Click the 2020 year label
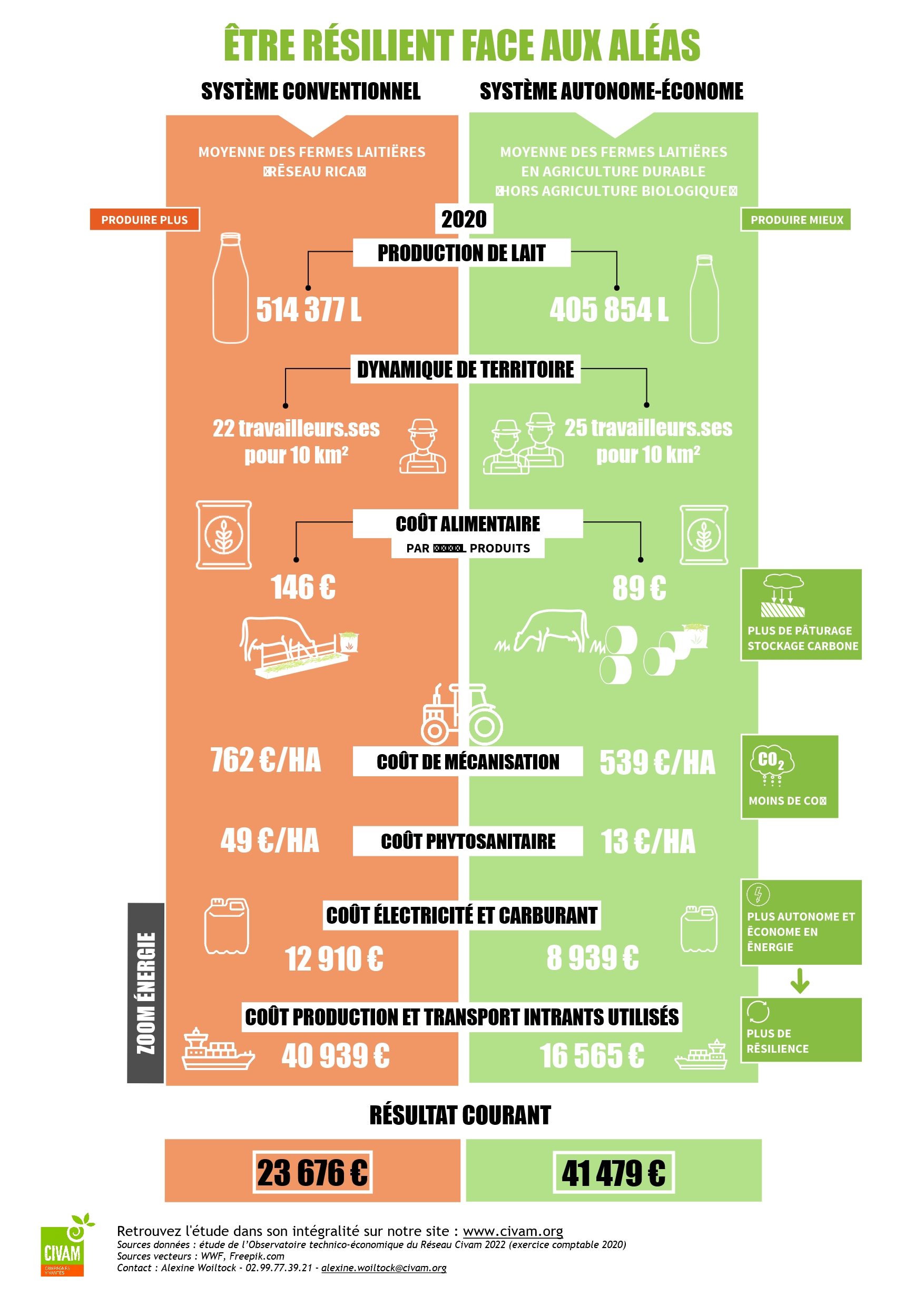[464, 219]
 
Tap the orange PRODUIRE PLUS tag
[144, 220]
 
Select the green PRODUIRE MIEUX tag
[795, 220]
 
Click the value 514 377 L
[308, 310]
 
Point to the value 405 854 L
[609, 310]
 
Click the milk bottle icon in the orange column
[230, 289]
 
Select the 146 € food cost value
[303, 587]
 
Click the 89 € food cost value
[639, 588]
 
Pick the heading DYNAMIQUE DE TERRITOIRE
[465, 369]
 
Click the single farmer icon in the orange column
[422, 447]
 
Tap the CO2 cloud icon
[772, 763]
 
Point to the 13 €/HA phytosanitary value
[648, 842]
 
